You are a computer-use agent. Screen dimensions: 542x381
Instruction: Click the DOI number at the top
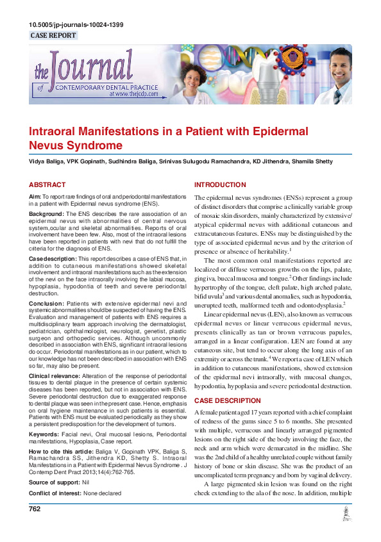pyautogui.click(x=76, y=25)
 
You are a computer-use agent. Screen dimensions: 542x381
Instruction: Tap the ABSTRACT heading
pyautogui.click(x=47, y=185)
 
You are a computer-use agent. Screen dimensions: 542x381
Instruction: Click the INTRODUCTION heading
pyautogui.click(x=220, y=185)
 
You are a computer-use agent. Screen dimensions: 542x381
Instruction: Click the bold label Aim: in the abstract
pyautogui.click(x=35, y=196)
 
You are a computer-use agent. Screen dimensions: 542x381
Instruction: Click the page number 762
pyautogui.click(x=35, y=526)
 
